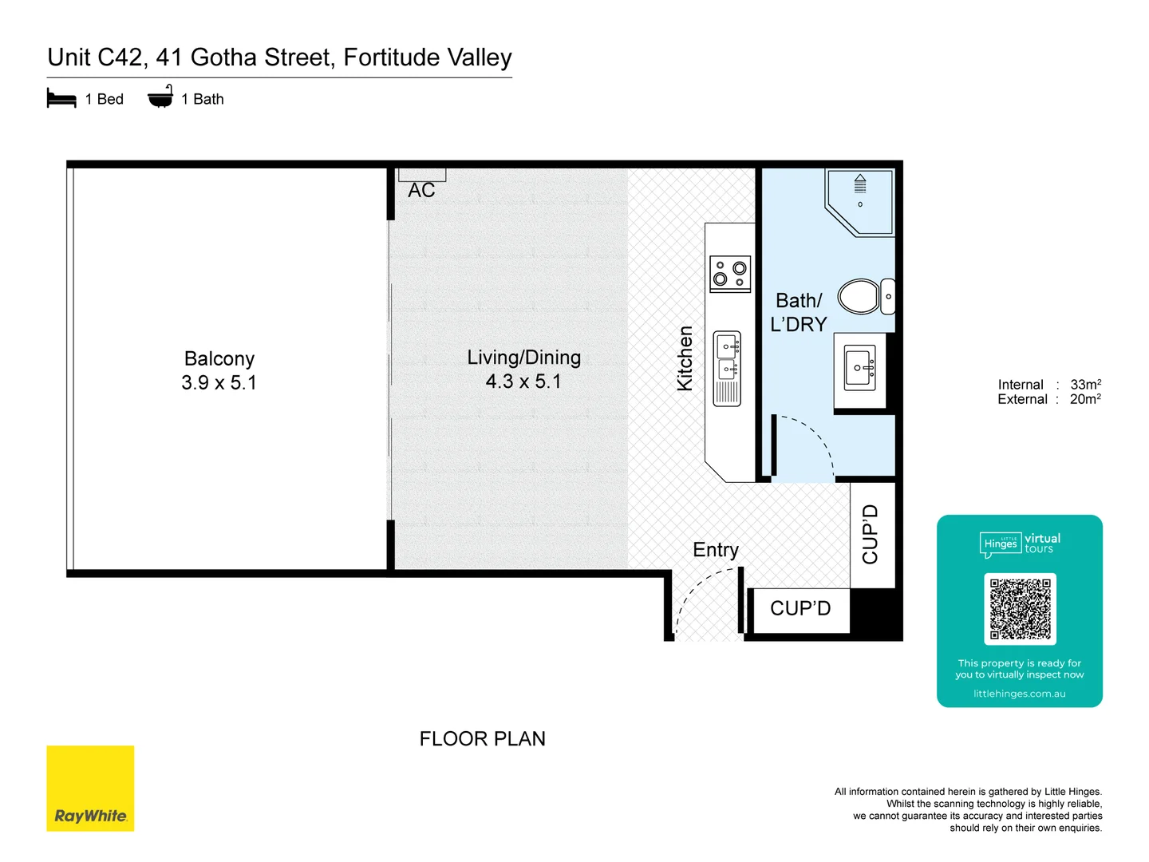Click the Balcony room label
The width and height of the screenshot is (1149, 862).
point(219,359)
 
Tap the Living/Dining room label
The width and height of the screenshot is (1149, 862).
point(523,358)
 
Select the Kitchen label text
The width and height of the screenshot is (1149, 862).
point(685,358)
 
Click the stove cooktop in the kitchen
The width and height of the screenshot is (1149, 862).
point(730,274)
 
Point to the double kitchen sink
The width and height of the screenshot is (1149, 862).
point(727,358)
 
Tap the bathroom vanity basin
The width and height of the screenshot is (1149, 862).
point(860,368)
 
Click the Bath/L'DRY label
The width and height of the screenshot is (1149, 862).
point(798,312)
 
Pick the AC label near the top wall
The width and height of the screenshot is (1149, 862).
point(421,191)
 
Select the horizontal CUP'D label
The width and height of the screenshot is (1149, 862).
point(800,608)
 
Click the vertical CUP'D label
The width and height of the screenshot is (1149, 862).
point(870,534)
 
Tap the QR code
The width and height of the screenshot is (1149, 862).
point(1020,608)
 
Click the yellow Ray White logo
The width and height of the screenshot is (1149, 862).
point(90,789)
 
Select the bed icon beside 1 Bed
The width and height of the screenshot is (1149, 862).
point(61,99)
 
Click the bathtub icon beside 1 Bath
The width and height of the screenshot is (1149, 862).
point(160,97)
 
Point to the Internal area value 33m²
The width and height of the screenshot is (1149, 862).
point(1085,384)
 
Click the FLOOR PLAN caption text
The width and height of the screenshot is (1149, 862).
point(482,739)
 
